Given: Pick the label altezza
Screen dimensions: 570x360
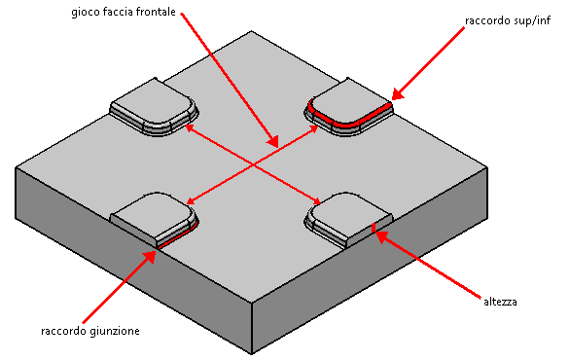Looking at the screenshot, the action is (x=500, y=302).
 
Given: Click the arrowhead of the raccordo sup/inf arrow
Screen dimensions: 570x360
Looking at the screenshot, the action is (x=397, y=94).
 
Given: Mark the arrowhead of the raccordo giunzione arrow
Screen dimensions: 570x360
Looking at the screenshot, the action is (x=150, y=256).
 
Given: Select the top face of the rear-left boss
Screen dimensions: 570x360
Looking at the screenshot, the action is (x=152, y=102).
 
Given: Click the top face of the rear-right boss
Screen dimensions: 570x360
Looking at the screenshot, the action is (x=350, y=102).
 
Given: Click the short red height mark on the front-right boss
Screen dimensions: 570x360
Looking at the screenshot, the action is (x=373, y=228).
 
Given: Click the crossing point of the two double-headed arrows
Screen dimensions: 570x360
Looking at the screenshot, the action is (x=253, y=165).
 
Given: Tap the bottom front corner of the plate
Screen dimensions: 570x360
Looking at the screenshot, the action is (x=252, y=353).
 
